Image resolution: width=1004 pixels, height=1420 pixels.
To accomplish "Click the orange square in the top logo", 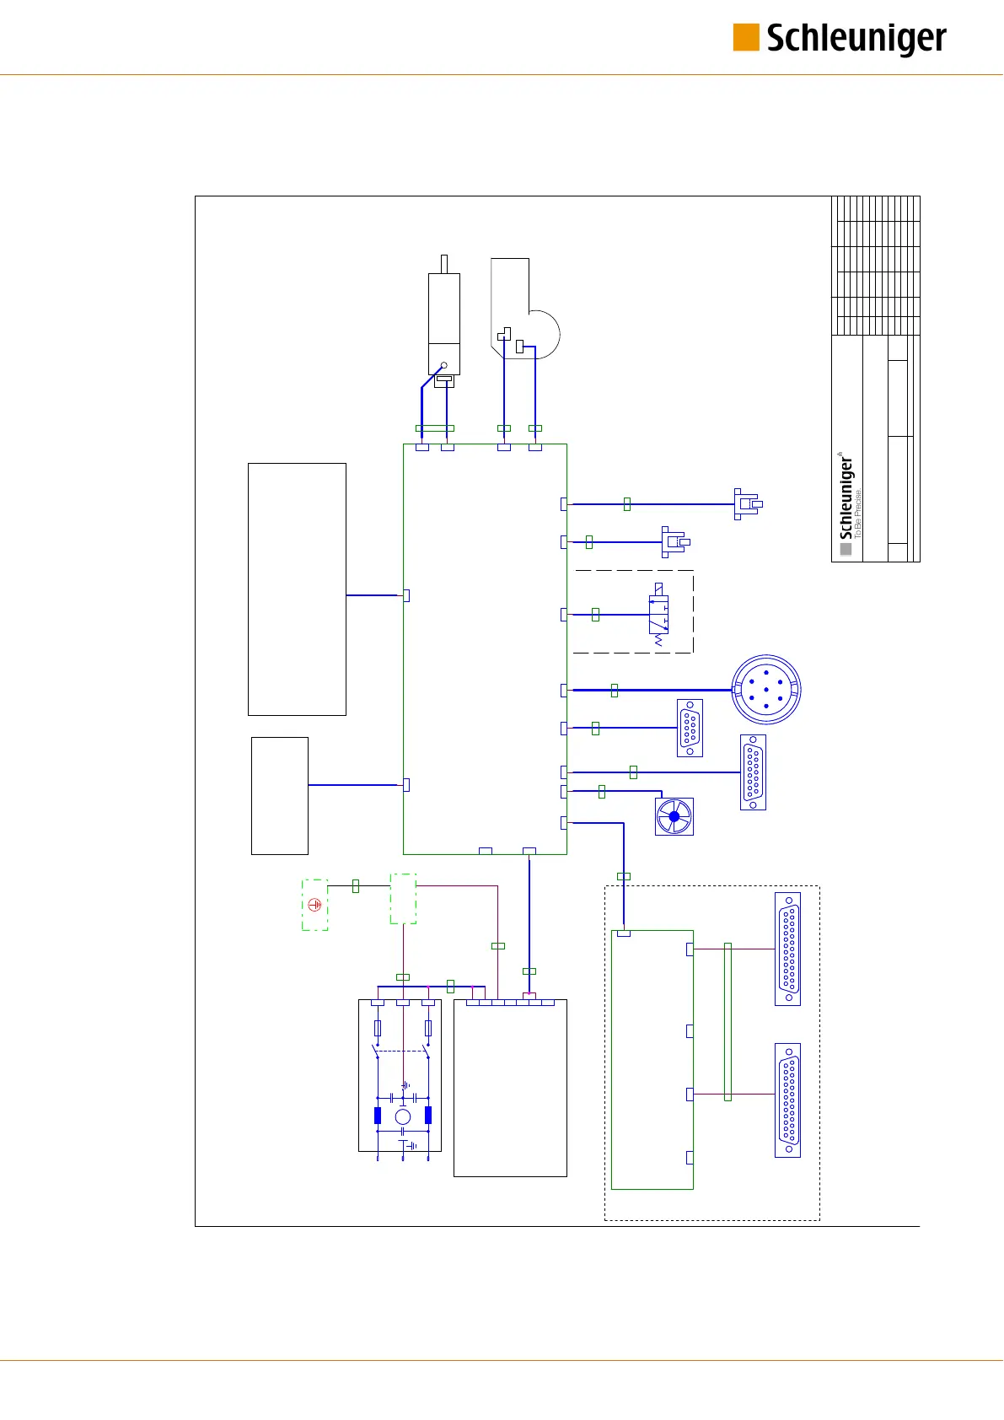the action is coord(745,38).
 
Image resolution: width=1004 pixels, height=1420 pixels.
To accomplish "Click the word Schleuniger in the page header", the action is coord(856,39).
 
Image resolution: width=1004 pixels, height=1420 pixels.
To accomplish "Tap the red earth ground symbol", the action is coord(314,905).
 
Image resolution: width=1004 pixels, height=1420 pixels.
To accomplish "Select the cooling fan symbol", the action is coord(674,816).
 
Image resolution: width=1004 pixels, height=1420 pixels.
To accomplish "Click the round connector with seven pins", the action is coord(765,690).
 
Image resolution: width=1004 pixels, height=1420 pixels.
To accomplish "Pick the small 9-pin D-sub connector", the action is coord(690,728).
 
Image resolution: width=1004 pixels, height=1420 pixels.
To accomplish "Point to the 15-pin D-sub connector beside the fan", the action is coord(753,772).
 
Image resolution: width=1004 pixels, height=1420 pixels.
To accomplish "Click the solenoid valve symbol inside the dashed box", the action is coord(658,615).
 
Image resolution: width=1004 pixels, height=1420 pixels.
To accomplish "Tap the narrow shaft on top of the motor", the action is coord(444,264).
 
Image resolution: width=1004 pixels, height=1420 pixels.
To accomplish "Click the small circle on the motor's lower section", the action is coord(444,366).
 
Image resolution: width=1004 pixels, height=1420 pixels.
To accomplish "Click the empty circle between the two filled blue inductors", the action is coord(403,1116).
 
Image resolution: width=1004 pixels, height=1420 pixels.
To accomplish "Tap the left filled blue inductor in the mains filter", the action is coord(378,1116).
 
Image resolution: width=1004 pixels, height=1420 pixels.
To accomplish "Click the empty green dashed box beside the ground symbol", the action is coord(403,899).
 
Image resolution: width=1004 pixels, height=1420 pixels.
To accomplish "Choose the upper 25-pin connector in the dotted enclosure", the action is coord(787,949).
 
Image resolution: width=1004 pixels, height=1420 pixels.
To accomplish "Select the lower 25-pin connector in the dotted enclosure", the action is coord(787,1100).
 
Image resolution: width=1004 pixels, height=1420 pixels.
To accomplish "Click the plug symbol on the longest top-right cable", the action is coord(746,504).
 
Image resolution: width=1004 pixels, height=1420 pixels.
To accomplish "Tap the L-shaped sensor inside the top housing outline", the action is coord(504,334).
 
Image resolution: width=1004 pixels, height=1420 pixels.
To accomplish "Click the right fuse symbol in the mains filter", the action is coord(428,1028).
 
